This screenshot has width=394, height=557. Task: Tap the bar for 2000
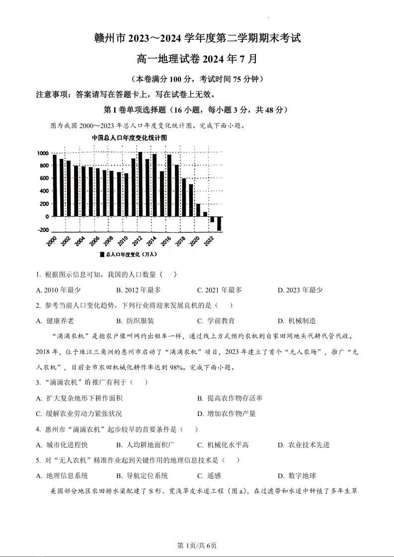(x=55, y=186)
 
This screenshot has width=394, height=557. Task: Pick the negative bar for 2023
(x=219, y=223)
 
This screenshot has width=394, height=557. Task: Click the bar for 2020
(x=198, y=210)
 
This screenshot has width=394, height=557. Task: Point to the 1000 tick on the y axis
(x=43, y=153)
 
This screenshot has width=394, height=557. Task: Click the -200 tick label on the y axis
(x=43, y=230)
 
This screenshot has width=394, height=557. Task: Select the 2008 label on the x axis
(x=108, y=242)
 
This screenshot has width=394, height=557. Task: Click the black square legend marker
(x=102, y=254)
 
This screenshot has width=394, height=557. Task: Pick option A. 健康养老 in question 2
(x=55, y=321)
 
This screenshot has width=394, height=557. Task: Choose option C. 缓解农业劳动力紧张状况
(x=79, y=414)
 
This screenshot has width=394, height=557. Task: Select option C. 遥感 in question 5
(x=209, y=476)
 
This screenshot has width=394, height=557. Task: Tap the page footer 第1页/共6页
(x=197, y=546)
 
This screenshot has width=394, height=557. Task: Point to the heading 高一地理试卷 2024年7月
(x=197, y=59)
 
